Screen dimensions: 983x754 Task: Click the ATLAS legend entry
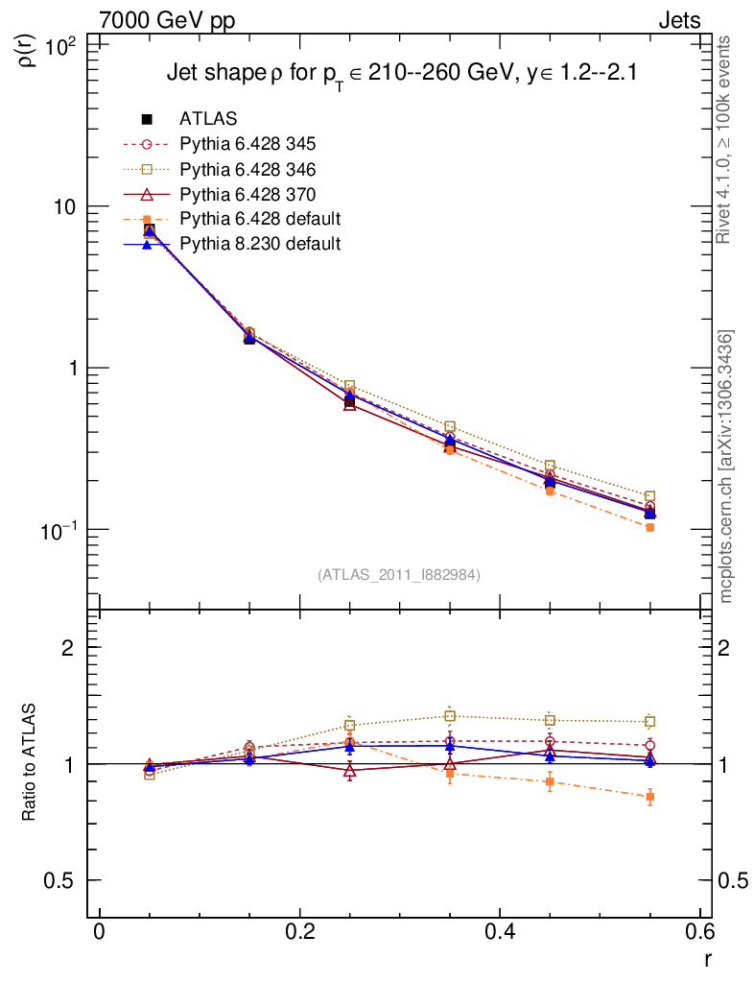210,119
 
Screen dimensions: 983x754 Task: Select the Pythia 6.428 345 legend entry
247,144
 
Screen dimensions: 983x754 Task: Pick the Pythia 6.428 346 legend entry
247,169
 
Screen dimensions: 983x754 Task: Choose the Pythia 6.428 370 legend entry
247,194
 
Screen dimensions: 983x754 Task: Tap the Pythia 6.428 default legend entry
260,219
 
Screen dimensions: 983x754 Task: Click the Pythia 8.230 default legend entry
260,244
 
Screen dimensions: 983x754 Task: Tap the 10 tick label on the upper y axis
67,207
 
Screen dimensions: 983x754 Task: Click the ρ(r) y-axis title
28,47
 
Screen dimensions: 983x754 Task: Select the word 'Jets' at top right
678,20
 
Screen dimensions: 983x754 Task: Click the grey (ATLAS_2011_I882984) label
399,574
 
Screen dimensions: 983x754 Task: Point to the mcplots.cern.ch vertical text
726,467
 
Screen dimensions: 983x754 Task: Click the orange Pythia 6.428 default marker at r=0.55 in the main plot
649,527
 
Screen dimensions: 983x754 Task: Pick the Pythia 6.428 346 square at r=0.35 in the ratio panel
450,716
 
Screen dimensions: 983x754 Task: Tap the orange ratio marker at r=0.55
649,797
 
